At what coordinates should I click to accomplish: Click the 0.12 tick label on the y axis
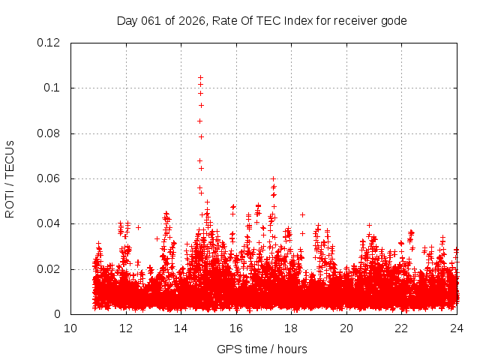coord(50,43)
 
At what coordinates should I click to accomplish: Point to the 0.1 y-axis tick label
coord(54,88)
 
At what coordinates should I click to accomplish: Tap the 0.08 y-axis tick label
coord(50,133)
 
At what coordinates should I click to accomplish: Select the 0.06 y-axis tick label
coord(50,178)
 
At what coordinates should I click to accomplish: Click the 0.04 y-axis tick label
coord(50,223)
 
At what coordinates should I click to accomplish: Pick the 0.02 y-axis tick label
coord(50,269)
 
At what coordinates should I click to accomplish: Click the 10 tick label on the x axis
coord(70,328)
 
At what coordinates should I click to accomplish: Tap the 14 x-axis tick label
coord(181,328)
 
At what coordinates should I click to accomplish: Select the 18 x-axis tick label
coord(291,328)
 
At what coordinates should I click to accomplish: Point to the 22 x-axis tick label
coord(401,328)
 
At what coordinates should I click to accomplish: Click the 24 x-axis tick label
coord(457,328)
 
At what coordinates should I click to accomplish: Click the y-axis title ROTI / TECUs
coord(10,178)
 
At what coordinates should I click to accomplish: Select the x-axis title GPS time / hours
coord(262,349)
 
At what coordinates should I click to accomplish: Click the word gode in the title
coord(394,20)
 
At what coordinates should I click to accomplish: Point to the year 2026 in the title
coord(191,20)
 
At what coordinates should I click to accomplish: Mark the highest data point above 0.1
coord(200,77)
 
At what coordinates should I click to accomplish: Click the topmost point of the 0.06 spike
coord(274,178)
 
